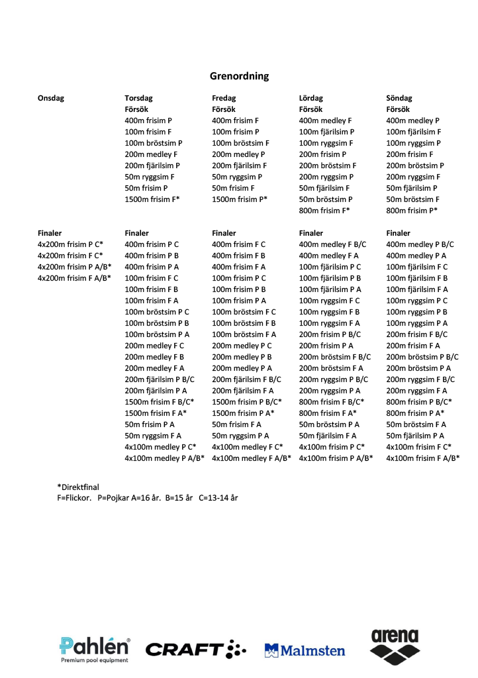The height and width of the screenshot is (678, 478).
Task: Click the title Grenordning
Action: tap(239, 76)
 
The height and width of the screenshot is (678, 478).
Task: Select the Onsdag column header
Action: tap(51, 98)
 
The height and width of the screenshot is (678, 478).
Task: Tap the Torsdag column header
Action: tap(140, 98)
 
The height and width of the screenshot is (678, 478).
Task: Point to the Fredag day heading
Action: tap(224, 98)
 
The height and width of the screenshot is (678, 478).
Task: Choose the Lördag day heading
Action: tap(311, 98)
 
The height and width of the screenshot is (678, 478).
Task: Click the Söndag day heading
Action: tap(399, 98)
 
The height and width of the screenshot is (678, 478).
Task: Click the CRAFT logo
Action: tap(195, 650)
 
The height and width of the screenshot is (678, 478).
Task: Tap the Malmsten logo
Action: tap(305, 650)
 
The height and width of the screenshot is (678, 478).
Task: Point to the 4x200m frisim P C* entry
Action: tap(70, 244)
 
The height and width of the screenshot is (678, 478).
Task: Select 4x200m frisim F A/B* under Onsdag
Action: tap(74, 278)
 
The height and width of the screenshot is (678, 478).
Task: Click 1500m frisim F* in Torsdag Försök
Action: tap(152, 199)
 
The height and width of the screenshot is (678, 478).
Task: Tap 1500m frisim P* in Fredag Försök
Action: tap(240, 199)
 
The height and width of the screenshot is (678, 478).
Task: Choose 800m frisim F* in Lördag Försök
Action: tap(324, 211)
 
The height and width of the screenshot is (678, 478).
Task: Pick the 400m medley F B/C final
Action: tap(332, 244)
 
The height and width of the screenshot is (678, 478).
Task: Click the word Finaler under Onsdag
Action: tap(50, 233)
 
